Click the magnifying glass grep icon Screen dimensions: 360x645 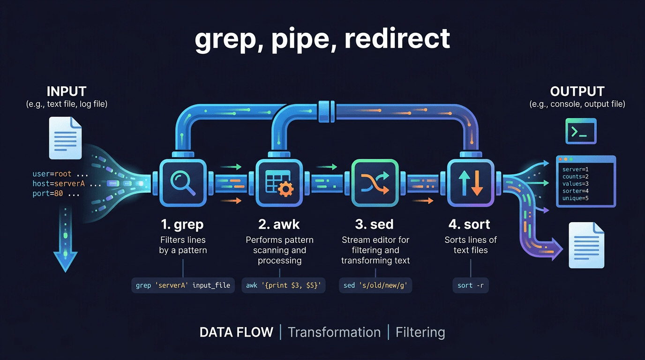pos(182,183)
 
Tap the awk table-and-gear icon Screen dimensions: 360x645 pos(279,183)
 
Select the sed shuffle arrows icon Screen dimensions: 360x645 pos(375,183)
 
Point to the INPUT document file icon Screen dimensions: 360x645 pos(66,138)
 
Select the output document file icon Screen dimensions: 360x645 pos(586,245)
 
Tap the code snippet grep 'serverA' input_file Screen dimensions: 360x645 pos(183,285)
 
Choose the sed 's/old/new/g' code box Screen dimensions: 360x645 pos(375,285)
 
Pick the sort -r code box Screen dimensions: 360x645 pos(470,285)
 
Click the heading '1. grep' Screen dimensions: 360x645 pos(182,225)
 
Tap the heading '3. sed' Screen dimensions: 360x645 pos(375,225)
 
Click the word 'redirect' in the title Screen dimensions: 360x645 pos(397,39)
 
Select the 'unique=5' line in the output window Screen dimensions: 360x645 pos(575,198)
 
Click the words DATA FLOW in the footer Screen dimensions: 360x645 pos(236,332)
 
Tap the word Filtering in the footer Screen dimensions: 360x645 pos(420,332)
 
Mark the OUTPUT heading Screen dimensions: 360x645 pos(577,91)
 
